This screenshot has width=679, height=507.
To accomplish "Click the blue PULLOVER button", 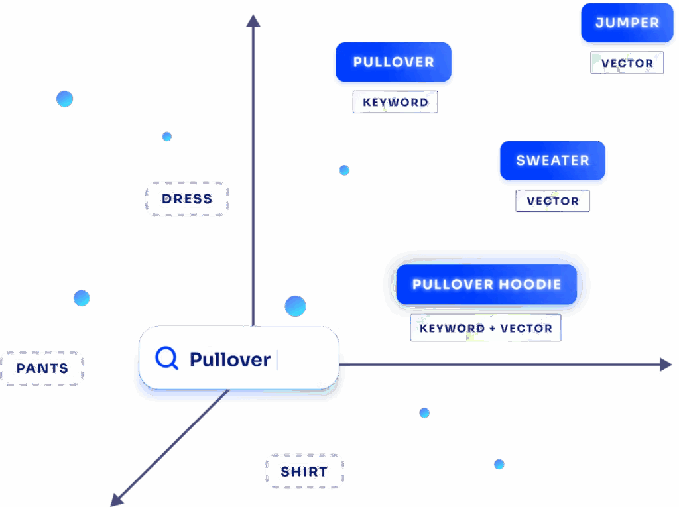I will click(393, 63).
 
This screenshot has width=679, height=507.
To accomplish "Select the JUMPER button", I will click(627, 23).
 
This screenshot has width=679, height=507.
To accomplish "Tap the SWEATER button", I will click(552, 161).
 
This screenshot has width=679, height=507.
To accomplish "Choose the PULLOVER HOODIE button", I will click(487, 285).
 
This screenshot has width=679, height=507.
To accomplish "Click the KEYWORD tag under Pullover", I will click(395, 103).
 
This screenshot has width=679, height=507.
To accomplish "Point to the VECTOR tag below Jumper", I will click(627, 64).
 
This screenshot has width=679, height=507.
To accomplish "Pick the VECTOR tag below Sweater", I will click(552, 201).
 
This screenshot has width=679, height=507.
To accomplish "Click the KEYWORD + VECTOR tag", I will click(485, 329).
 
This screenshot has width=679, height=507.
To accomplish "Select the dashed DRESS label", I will click(187, 199).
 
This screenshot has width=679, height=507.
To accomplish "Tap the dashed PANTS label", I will click(42, 368).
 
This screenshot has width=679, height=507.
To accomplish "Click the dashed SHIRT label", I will click(304, 472).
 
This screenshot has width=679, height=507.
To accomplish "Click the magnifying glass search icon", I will click(166, 359).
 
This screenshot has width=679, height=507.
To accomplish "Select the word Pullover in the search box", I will click(229, 360).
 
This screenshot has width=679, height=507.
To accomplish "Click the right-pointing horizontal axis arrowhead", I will click(666, 365).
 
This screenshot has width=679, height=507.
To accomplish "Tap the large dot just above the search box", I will click(295, 306).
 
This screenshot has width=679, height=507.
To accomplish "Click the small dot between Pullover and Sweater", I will click(344, 170).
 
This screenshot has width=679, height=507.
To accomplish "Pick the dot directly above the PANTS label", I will click(82, 298).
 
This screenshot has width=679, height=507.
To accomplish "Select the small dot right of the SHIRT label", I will click(424, 413).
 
